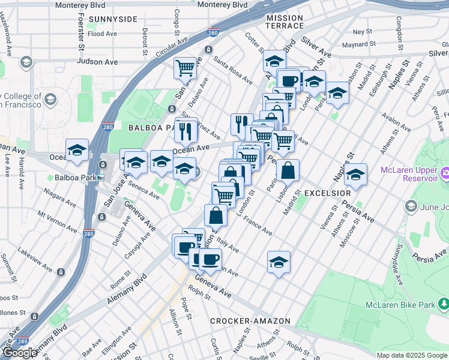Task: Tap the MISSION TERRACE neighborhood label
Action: [285, 23]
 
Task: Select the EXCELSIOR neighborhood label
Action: [327, 193]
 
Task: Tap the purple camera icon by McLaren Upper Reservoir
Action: [445, 174]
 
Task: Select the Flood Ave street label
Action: [102, 34]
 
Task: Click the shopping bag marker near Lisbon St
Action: [288, 170]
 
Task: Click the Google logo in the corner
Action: [19, 353]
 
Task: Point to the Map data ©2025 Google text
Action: [412, 356]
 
